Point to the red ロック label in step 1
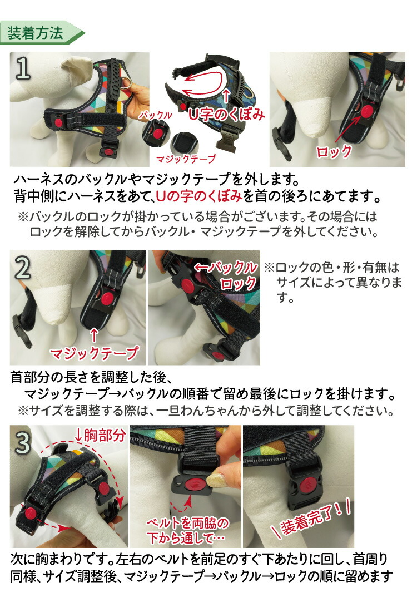[334, 151]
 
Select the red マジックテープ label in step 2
[93, 353]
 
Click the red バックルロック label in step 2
[228, 275]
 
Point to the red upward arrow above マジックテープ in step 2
[93, 335]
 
